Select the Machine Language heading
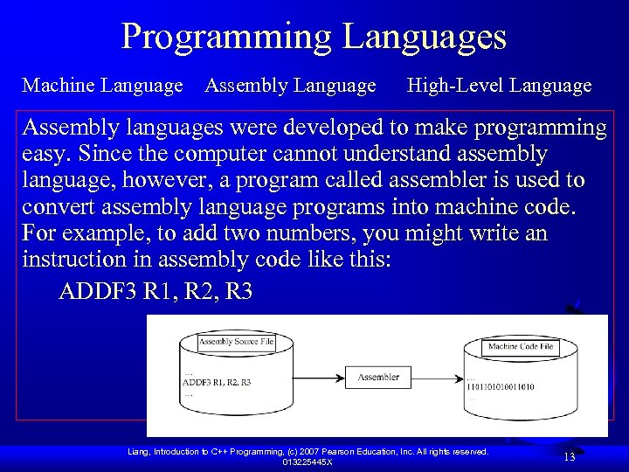click(x=102, y=86)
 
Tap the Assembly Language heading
click(x=290, y=86)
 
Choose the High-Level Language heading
click(x=500, y=86)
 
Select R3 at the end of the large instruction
click(x=238, y=291)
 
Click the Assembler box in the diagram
click(x=378, y=378)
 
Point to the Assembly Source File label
click(x=236, y=342)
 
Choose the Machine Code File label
click(x=521, y=347)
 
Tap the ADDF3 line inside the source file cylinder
click(x=217, y=382)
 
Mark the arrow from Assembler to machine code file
click(x=434, y=378)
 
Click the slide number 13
click(x=568, y=457)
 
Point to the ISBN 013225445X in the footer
click(x=308, y=462)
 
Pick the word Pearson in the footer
click(x=349, y=451)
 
